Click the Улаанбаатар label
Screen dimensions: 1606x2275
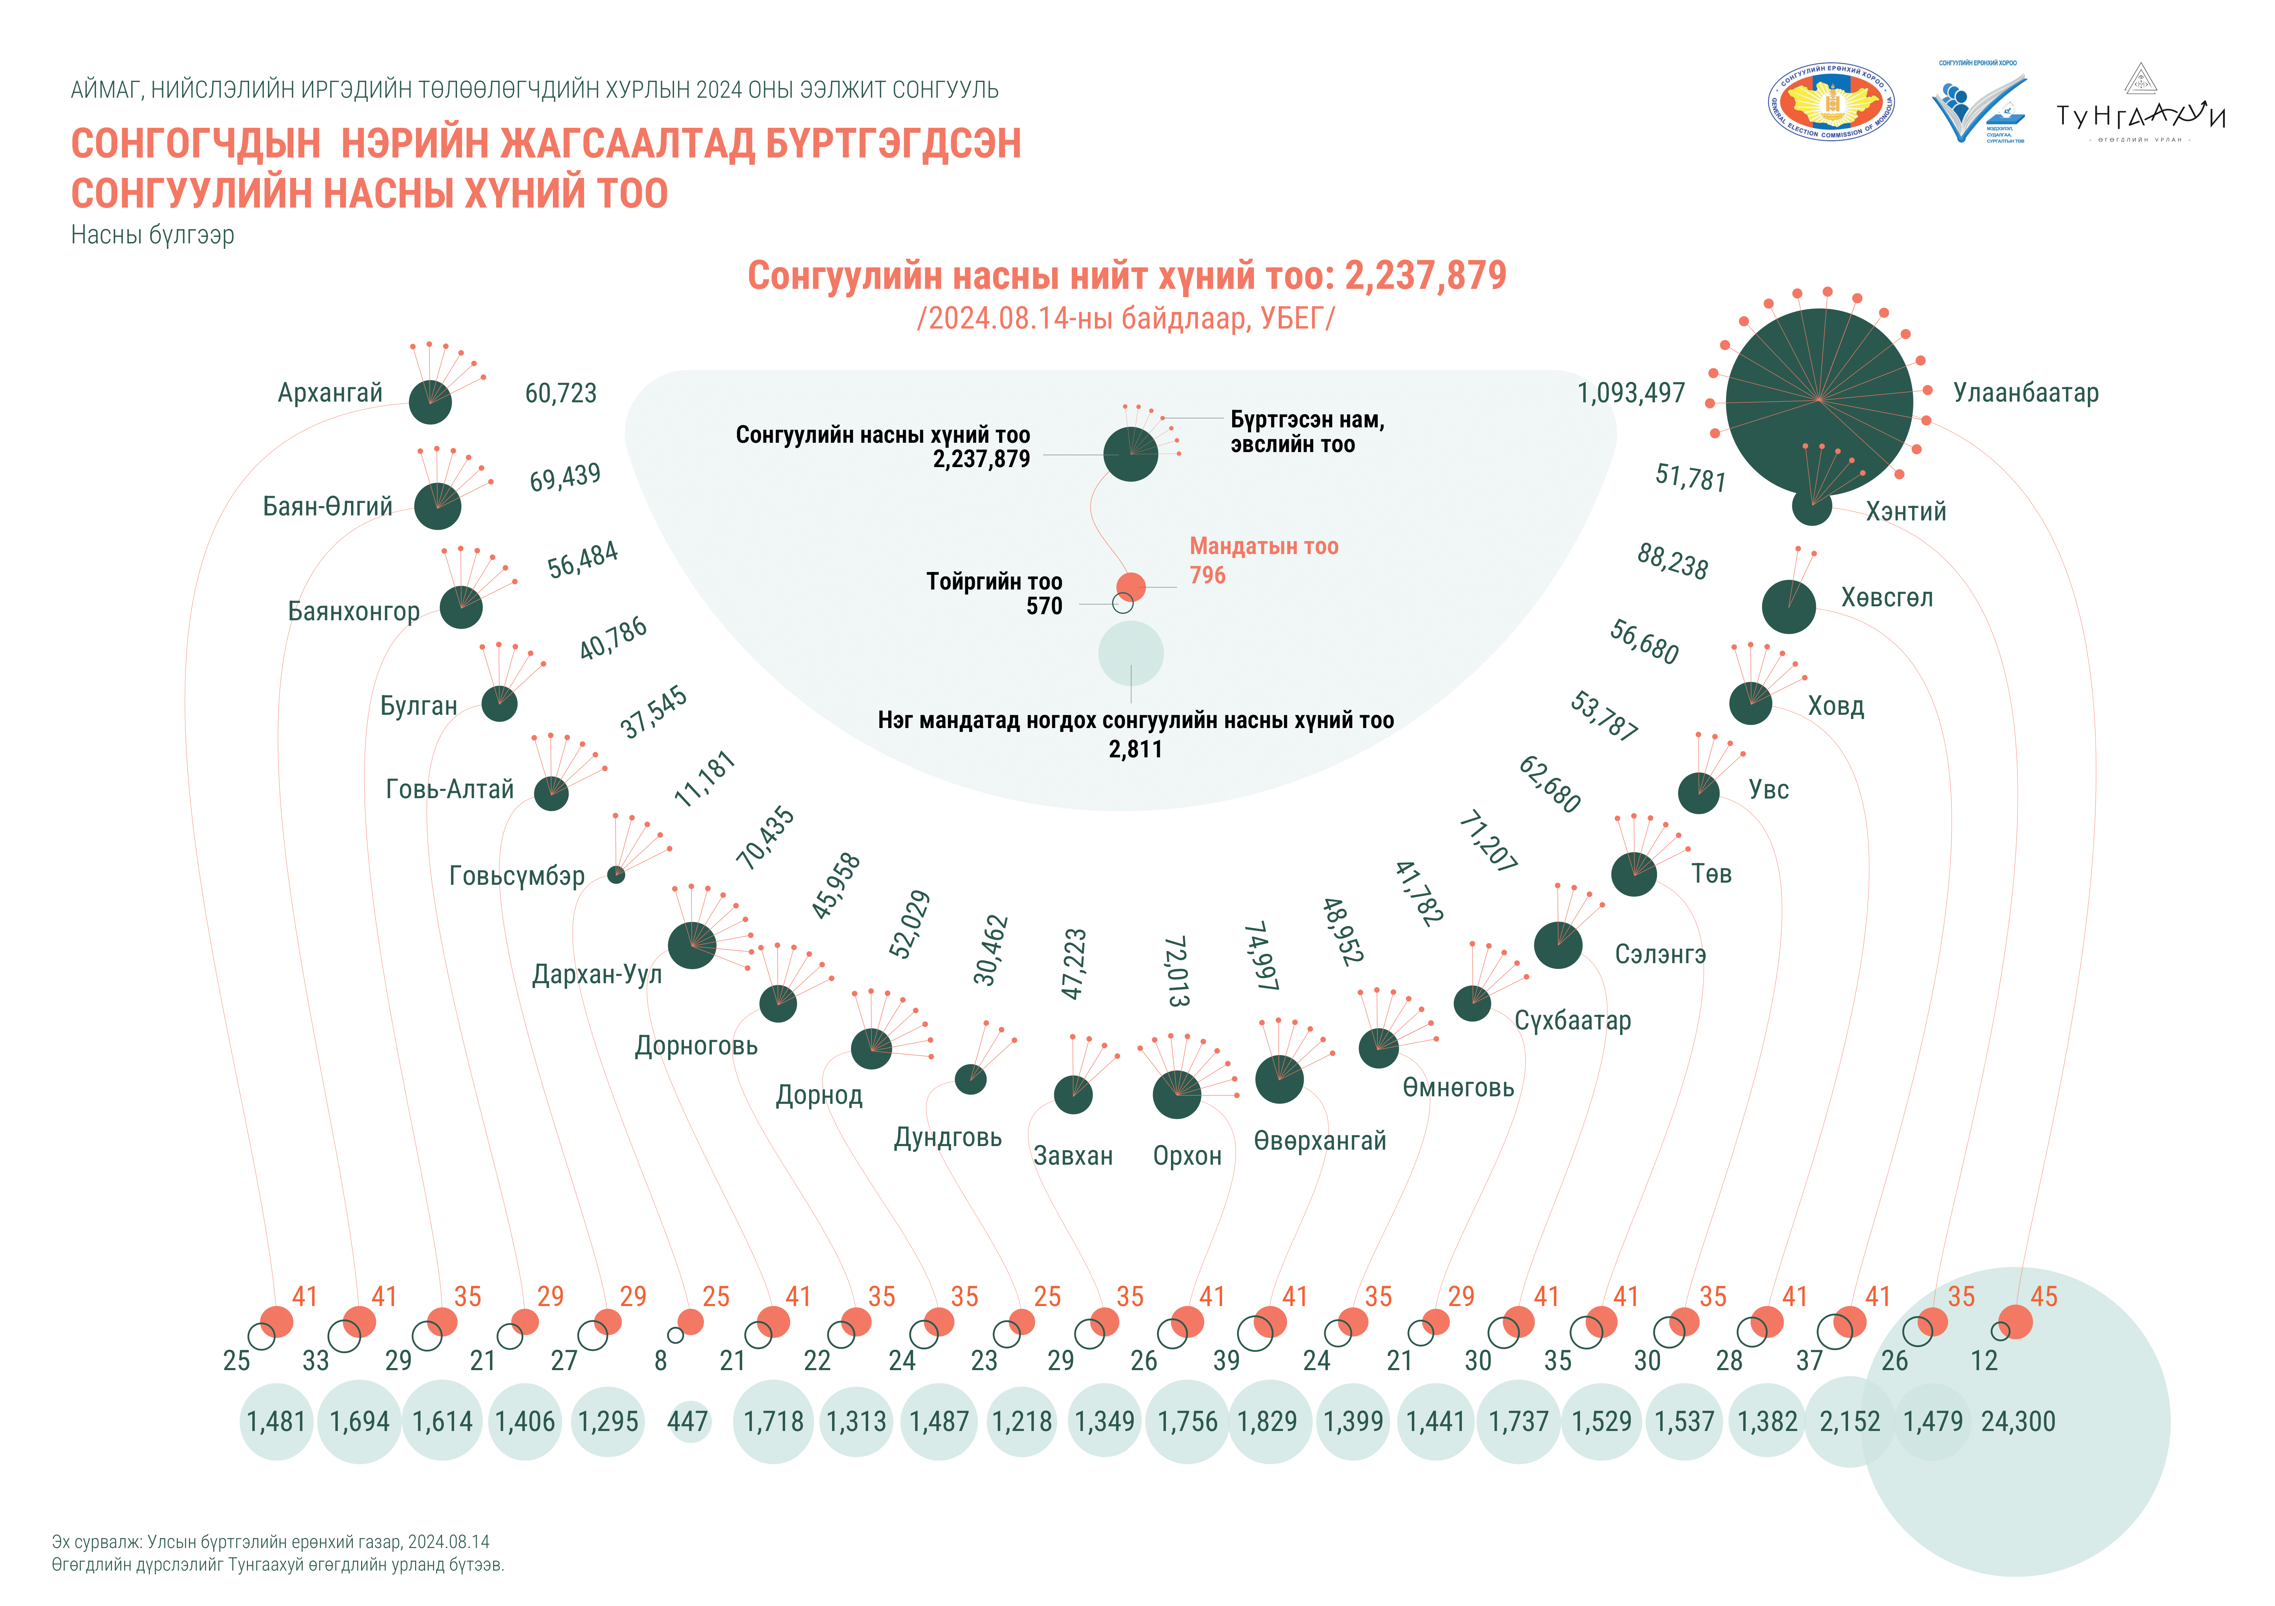point(2025,393)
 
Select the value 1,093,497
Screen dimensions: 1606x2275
point(1631,393)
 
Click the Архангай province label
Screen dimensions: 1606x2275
point(330,393)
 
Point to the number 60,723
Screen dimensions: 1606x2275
point(561,393)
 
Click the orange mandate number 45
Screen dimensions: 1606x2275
point(2043,1297)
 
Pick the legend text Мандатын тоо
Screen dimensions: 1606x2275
point(1263,547)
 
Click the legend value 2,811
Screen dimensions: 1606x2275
point(1136,750)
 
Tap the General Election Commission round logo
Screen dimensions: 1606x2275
point(1832,103)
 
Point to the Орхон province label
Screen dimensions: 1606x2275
point(1187,1156)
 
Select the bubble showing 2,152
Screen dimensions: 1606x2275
point(1849,1422)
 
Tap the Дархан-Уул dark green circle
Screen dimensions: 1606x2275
point(692,945)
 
